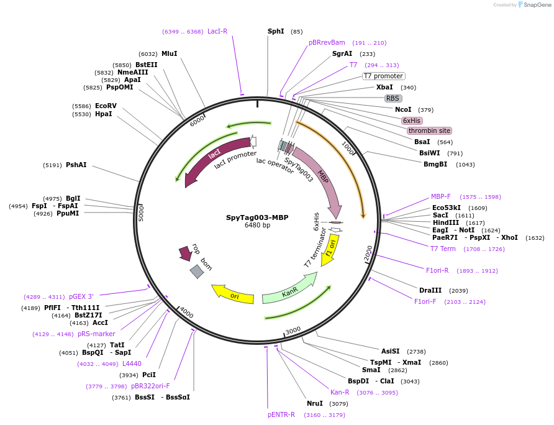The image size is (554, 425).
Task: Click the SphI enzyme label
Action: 276,31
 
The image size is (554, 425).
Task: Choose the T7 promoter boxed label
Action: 383,76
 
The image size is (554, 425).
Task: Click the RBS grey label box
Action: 393,98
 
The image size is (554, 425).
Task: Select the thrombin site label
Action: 429,130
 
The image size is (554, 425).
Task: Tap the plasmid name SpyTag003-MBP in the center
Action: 257,217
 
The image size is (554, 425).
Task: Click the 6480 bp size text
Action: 257,226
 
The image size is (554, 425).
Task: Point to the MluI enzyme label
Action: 169,53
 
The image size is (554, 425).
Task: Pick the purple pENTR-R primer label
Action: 281,414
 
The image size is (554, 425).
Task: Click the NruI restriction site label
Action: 315,403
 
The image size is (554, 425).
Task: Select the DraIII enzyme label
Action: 430,290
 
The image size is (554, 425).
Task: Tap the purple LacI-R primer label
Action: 217,31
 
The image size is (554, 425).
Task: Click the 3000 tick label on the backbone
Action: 293,329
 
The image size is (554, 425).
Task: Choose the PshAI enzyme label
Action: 76,165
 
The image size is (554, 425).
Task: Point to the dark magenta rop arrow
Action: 185,253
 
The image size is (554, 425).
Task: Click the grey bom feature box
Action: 196,272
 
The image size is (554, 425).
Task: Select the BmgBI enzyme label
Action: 435,164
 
